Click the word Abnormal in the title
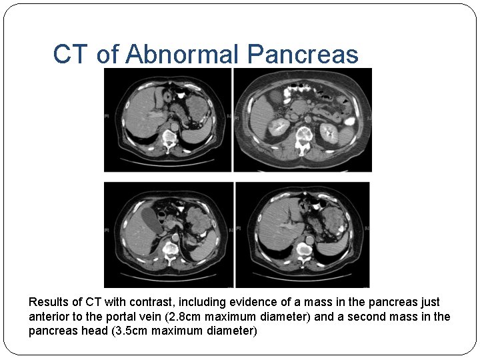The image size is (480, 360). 181,55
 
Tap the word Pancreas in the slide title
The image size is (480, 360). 303,55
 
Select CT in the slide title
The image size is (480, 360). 71,55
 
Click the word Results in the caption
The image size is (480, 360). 49,302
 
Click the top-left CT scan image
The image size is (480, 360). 167,120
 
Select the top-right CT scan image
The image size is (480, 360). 303,120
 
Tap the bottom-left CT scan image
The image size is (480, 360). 169,235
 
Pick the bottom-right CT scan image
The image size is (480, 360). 303,235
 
